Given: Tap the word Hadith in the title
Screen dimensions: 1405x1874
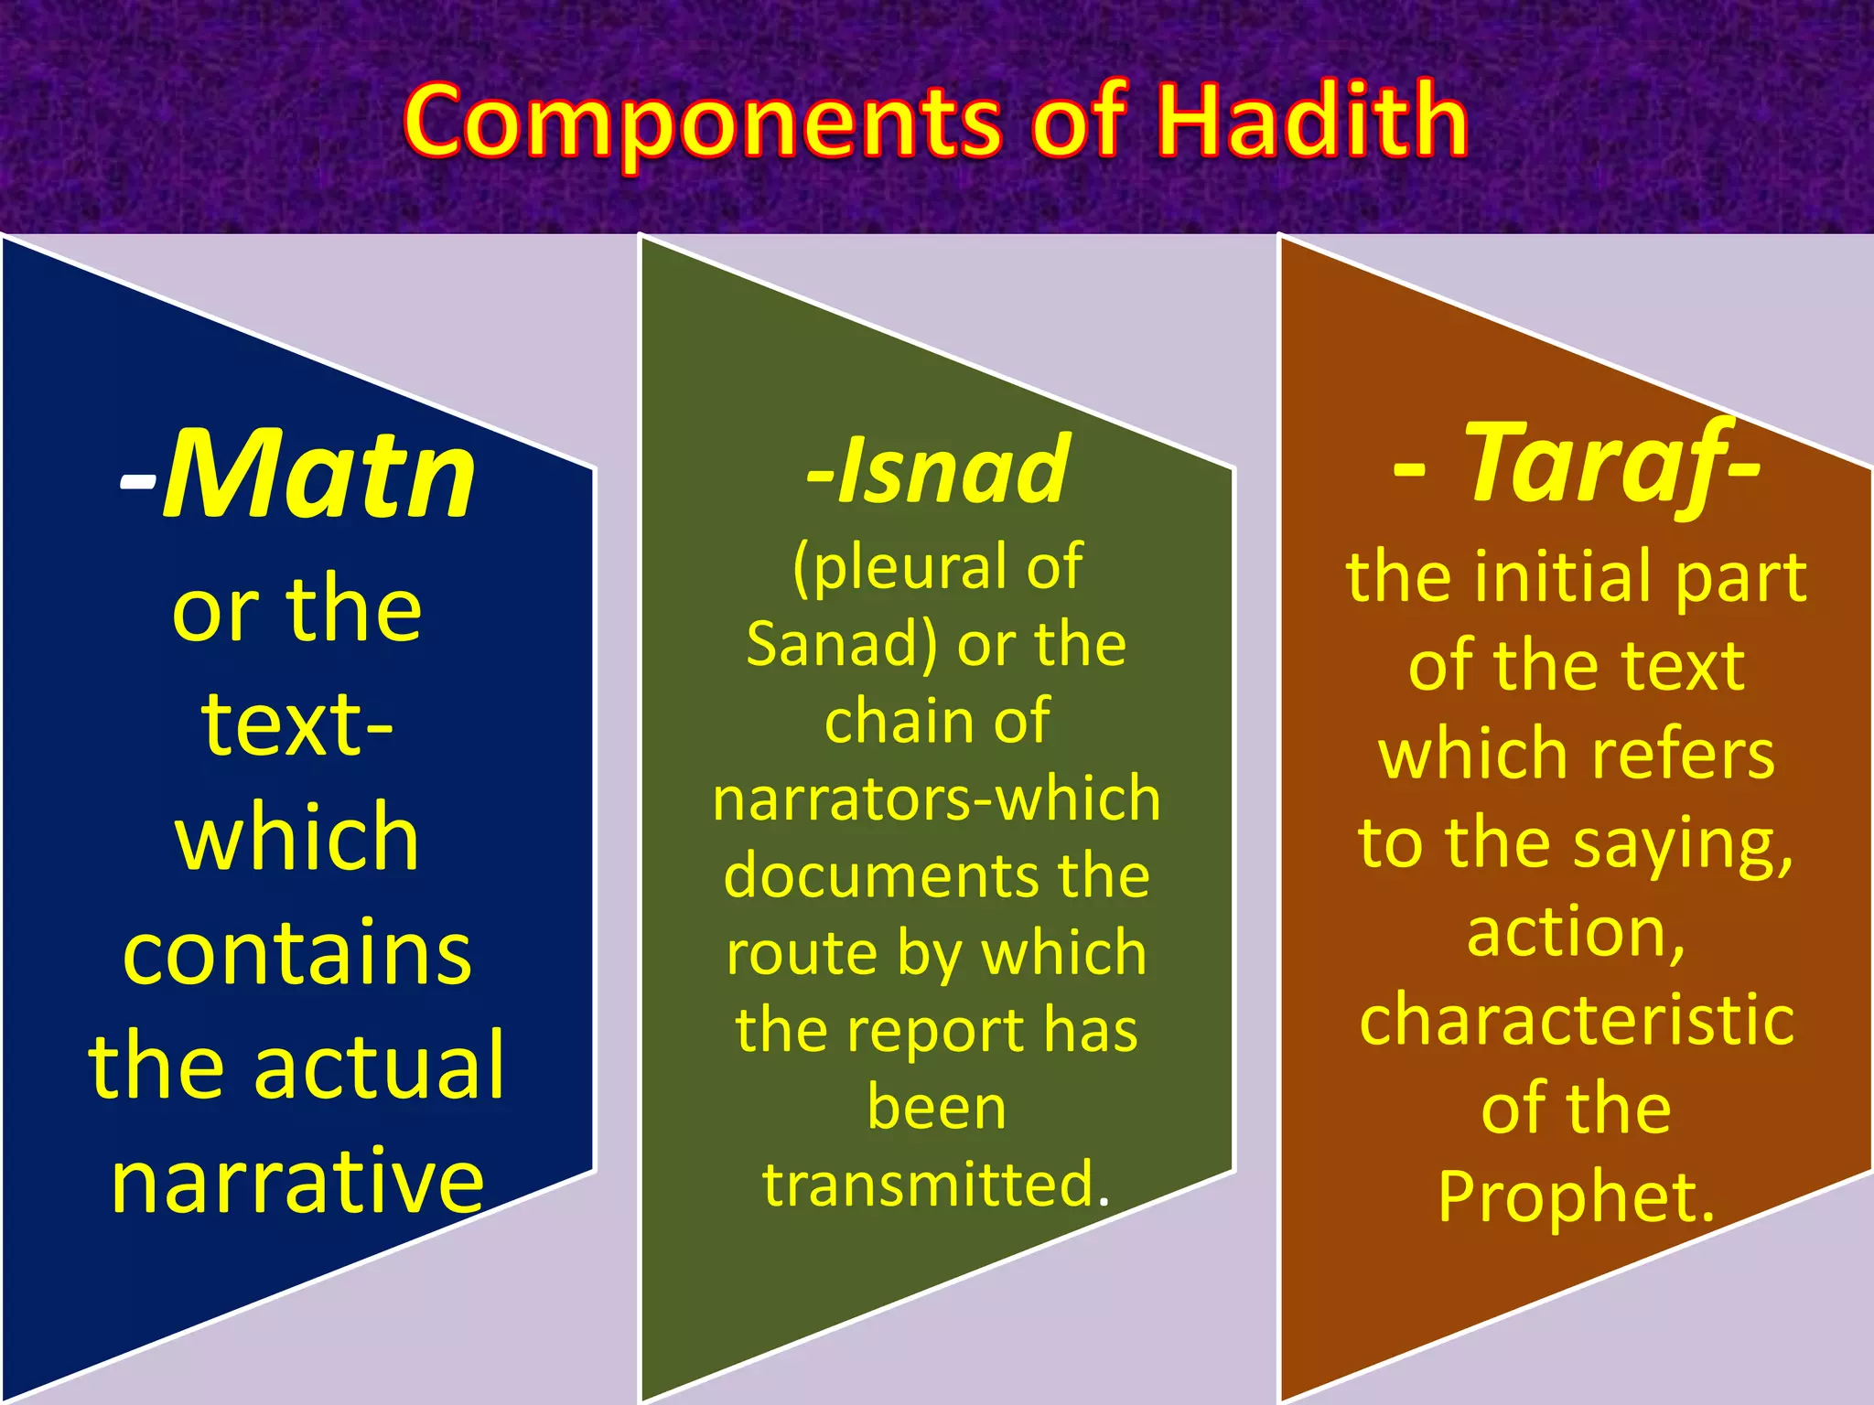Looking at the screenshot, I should click(1311, 121).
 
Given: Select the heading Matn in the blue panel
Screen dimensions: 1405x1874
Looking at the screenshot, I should click(318, 476).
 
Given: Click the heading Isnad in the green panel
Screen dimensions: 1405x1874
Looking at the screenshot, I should click(952, 470).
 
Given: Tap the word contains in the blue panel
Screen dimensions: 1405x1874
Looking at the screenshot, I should click(297, 953).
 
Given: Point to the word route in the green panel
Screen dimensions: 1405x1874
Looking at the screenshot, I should click(803, 953).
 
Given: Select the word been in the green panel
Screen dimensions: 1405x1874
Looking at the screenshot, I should click(937, 1107).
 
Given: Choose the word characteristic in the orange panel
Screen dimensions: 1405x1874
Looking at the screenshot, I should click(1577, 1021).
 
